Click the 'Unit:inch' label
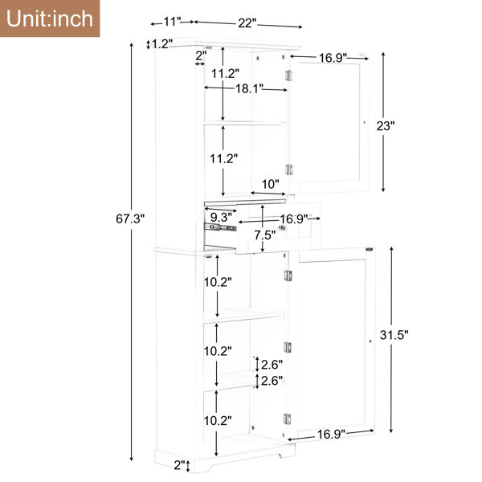pyautogui.click(x=50, y=18)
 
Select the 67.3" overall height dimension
pyautogui.click(x=130, y=219)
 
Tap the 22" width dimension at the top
pyautogui.click(x=247, y=23)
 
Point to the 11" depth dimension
pyautogui.click(x=172, y=22)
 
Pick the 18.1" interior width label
pyautogui.click(x=249, y=88)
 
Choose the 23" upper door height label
pyautogui.click(x=386, y=125)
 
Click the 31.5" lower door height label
pyautogui.click(x=394, y=335)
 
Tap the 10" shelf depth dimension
pyautogui.click(x=270, y=184)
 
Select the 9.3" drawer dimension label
pyautogui.click(x=221, y=218)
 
